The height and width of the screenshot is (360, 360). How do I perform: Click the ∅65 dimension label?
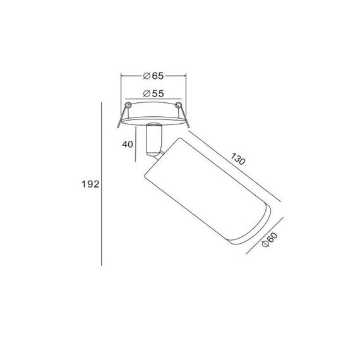153,76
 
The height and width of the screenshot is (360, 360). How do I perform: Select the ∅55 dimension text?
153,93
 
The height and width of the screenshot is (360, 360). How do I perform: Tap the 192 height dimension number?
90,184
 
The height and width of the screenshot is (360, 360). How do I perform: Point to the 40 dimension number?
128,145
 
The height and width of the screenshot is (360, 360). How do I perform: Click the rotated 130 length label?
238,159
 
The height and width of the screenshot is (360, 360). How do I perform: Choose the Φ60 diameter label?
270,240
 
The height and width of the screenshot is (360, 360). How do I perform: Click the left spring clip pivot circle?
128,105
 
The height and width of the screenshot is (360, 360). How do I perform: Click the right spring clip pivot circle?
178,105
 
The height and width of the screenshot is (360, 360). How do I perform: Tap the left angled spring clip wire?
122,116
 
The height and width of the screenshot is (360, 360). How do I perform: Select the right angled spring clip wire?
184,116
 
